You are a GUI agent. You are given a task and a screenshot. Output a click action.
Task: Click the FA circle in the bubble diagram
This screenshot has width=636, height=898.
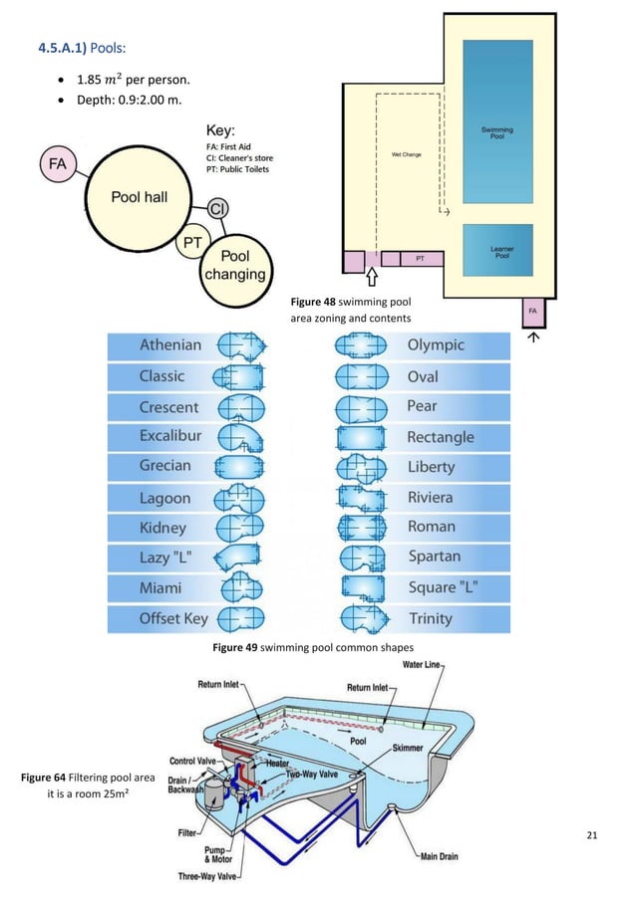61,165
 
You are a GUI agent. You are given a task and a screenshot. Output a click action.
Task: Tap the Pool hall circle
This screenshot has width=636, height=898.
138,197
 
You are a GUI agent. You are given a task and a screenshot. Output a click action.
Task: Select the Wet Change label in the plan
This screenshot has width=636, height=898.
406,155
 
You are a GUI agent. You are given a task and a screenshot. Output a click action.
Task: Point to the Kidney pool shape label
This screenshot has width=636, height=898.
163,527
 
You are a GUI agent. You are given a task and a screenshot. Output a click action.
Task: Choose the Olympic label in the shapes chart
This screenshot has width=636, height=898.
436,345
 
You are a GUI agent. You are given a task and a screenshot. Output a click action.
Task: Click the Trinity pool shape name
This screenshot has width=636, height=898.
430,618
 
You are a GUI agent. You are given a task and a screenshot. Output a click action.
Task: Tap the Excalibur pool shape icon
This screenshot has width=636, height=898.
239,436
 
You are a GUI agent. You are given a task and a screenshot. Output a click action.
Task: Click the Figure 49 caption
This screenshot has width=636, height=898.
313,647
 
